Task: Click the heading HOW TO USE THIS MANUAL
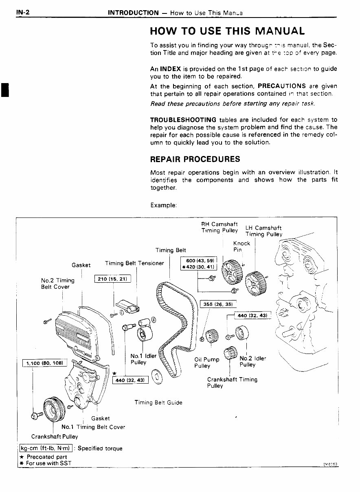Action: tap(227, 31)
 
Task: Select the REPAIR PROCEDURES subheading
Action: tap(195, 159)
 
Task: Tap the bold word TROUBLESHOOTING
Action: tap(183, 120)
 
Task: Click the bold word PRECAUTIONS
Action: tap(282, 86)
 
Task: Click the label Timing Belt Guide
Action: tap(158, 402)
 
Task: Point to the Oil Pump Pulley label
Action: tap(207, 362)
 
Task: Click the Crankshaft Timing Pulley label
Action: tap(232, 382)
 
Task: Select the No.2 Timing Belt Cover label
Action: tap(57, 283)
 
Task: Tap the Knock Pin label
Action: tap(241, 246)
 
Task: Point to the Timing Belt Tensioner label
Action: tap(134, 263)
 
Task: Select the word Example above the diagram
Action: tap(163, 205)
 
